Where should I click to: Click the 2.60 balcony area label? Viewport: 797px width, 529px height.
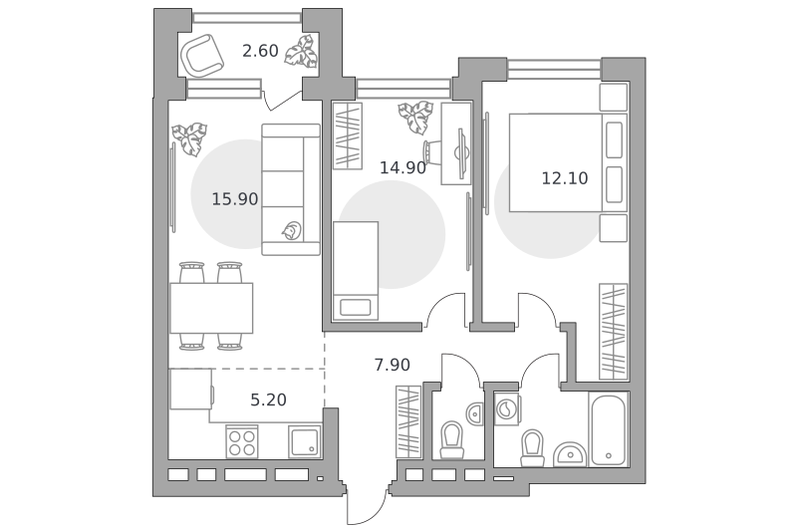(x=260, y=51)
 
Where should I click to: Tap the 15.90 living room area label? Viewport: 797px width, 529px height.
(x=235, y=198)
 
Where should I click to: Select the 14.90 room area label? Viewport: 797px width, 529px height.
(x=402, y=167)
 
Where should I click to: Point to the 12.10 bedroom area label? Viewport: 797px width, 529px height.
(x=565, y=178)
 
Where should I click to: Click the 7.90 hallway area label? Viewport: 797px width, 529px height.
(x=392, y=365)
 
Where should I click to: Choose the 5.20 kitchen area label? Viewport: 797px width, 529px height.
(x=268, y=399)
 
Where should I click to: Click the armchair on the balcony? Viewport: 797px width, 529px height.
(x=202, y=55)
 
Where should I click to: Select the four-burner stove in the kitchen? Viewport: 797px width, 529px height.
(x=242, y=442)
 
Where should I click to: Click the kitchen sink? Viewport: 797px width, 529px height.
(x=305, y=441)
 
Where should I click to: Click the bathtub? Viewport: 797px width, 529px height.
(x=609, y=429)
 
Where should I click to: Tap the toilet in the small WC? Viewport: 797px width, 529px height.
(x=452, y=439)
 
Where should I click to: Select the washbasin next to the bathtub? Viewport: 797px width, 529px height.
(x=570, y=454)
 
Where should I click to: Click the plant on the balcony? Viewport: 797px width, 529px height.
(x=302, y=52)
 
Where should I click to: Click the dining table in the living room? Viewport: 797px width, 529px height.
(x=211, y=308)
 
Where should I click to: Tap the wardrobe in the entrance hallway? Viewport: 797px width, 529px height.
(x=408, y=421)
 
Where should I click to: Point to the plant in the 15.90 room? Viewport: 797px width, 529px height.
(x=189, y=138)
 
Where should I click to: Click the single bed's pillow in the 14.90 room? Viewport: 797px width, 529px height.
(x=356, y=308)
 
